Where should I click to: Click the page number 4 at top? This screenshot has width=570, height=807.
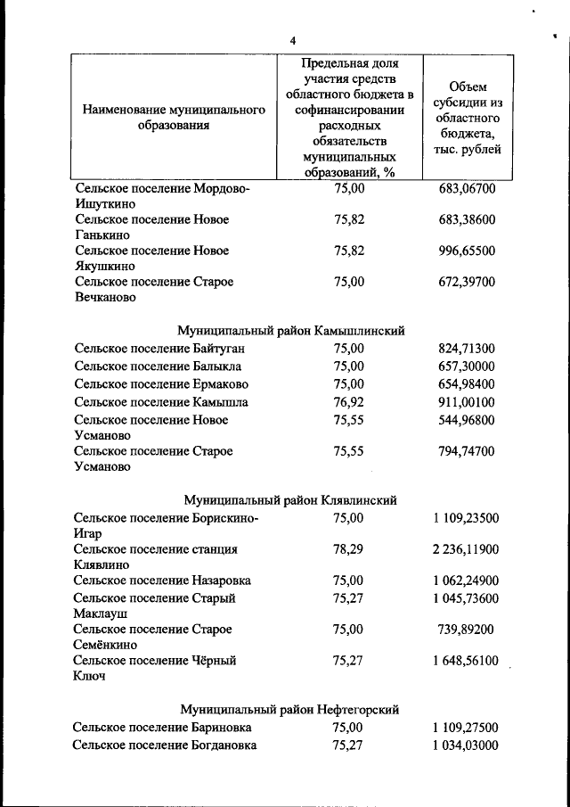point(292,40)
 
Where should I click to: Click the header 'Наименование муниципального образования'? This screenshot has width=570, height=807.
point(174,118)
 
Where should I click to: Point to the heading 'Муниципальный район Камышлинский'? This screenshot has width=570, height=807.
point(291,330)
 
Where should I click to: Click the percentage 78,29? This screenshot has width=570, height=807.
point(348,549)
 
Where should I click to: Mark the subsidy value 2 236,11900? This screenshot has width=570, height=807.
point(461,549)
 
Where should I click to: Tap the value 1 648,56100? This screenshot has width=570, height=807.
point(461,661)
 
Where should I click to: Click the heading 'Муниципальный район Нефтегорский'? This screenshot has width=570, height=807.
point(289,710)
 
